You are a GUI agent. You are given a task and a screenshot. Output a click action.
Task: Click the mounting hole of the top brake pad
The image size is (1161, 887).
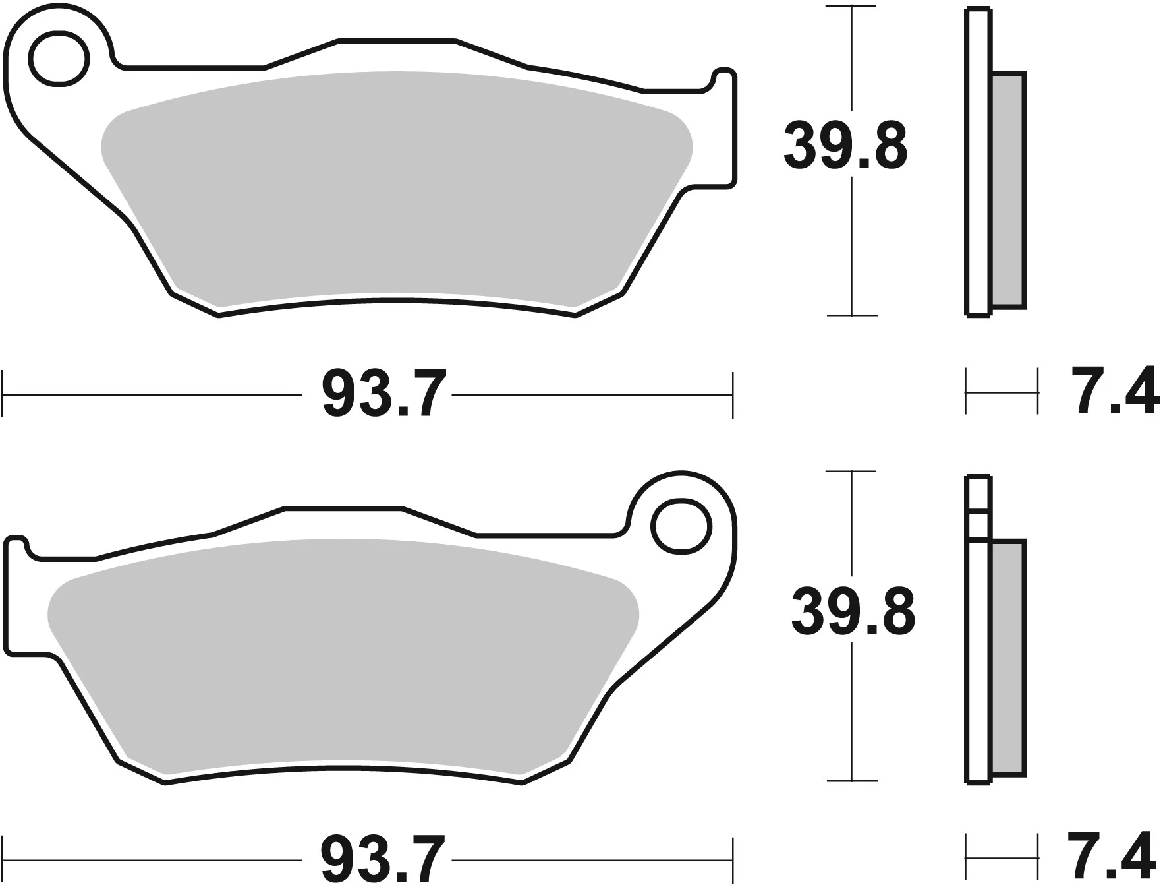pyautogui.click(x=60, y=58)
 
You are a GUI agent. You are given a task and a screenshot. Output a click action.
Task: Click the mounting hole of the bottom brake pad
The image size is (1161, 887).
pyautogui.click(x=683, y=528)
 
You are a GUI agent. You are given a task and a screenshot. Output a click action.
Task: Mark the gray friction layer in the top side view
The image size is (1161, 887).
pyautogui.click(x=1009, y=191)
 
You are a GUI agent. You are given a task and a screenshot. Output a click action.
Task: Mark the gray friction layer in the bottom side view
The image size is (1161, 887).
pyautogui.click(x=1009, y=659)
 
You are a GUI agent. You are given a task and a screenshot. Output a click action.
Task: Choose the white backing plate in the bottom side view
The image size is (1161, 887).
pyautogui.click(x=977, y=659)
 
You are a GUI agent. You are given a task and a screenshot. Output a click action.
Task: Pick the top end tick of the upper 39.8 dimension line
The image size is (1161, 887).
pyautogui.click(x=852, y=7)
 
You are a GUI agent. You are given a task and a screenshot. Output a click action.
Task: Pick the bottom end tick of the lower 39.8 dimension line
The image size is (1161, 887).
pyautogui.click(x=852, y=781)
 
